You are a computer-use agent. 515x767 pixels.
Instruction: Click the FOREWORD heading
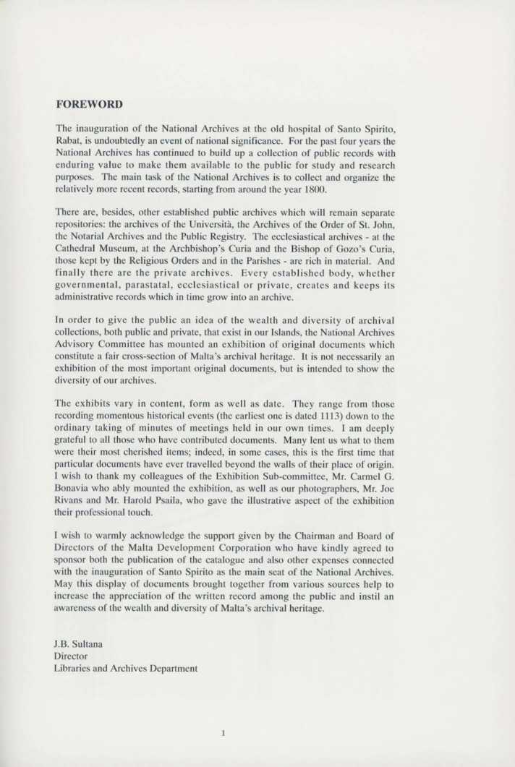(x=89, y=104)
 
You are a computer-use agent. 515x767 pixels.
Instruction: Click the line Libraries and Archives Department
(x=127, y=669)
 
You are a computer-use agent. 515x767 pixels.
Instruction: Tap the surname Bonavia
(x=77, y=486)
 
